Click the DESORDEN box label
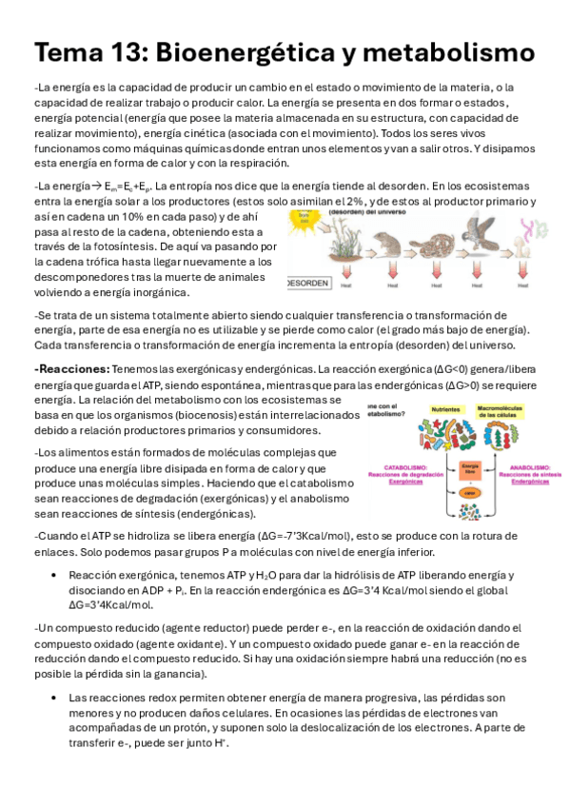tap(306, 284)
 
